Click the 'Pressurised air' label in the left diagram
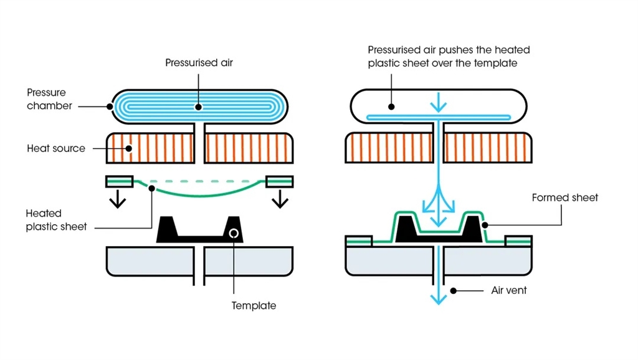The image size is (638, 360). tap(199, 63)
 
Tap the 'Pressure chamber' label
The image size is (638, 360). tap(49, 100)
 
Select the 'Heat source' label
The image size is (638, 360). tap(56, 149)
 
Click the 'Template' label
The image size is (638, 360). tap(254, 306)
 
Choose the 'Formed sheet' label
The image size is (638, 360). tap(564, 197)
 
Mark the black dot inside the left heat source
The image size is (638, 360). tap(129, 148)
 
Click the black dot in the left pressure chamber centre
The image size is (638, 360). tap(199, 107)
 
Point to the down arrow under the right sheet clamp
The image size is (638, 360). tap(279, 199)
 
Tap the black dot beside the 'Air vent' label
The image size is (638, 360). tap(455, 290)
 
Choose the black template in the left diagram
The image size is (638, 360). tap(200, 231)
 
